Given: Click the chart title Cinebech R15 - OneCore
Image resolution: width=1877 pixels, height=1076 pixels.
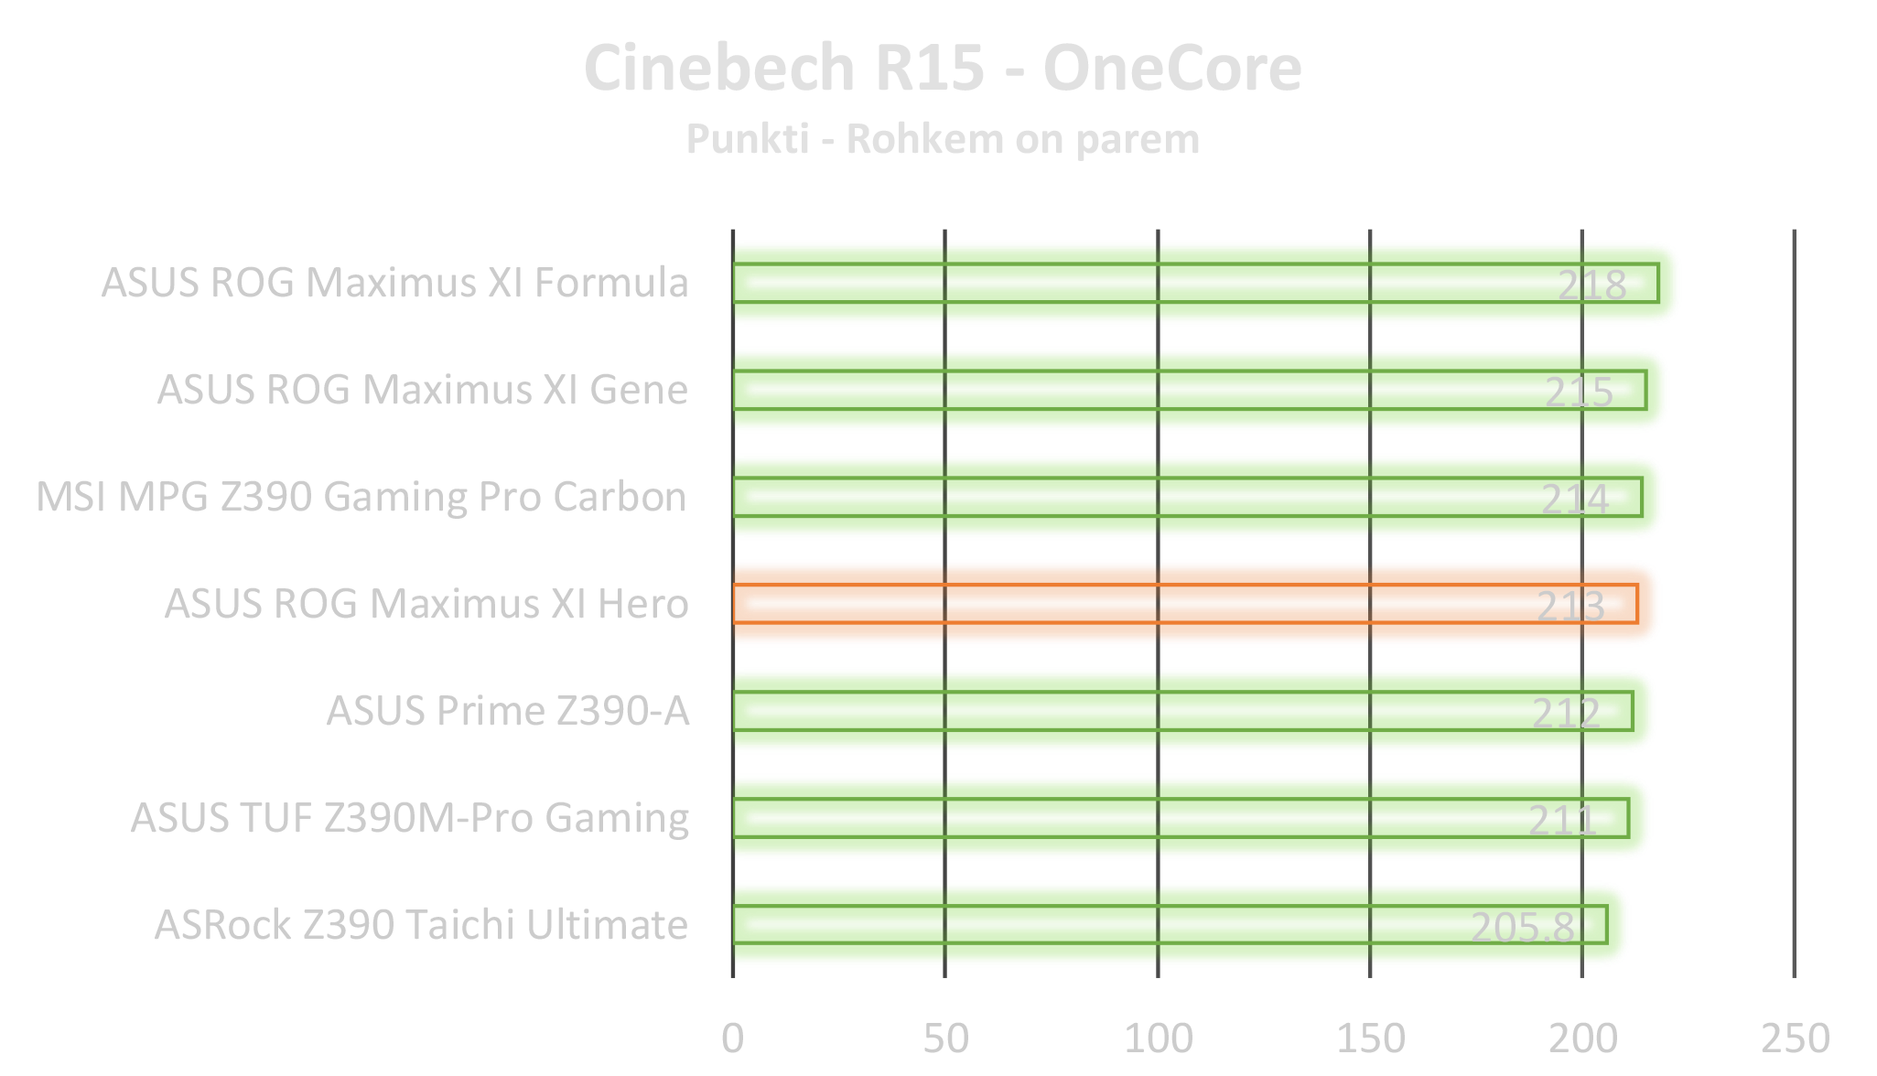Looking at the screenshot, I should click(942, 69).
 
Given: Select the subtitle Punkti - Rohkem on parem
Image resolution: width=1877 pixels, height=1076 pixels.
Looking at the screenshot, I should click(942, 139).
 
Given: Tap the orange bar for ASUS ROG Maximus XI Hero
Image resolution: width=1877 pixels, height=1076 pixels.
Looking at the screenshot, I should click(1190, 604).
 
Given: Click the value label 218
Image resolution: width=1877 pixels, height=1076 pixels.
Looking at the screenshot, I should click(1591, 285).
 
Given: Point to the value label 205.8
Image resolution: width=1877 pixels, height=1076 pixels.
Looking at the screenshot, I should click(1522, 927).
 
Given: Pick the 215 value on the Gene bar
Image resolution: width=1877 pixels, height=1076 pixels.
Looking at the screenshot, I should click(1579, 392).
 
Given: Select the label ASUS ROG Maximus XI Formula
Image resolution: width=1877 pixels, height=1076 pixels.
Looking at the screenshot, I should click(394, 283).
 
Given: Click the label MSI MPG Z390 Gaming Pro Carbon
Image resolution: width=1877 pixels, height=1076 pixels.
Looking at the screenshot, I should click(362, 497).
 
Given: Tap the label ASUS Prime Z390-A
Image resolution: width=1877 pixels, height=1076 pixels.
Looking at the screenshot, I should click(508, 711).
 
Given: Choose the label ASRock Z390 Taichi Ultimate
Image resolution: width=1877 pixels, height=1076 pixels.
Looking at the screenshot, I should click(421, 925).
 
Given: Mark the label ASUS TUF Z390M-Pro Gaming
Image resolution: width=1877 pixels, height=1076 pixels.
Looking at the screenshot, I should click(410, 818).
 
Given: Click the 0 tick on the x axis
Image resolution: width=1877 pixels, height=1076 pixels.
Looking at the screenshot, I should click(732, 1038).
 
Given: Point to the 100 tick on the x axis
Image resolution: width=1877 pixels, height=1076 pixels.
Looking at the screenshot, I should click(1158, 1038).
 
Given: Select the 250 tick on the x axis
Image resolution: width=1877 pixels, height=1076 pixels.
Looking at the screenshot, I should click(1794, 1038).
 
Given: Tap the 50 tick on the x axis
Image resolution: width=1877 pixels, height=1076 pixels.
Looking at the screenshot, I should click(945, 1038).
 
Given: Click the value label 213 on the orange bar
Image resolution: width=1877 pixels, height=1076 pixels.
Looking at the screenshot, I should click(1570, 606).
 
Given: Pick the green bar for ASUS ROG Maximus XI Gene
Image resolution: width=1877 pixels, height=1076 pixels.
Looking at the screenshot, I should click(1190, 390).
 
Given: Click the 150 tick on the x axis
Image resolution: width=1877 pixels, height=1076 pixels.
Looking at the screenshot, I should click(1370, 1038).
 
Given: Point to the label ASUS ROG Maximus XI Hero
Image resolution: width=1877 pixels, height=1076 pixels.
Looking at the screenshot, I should click(426, 604).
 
